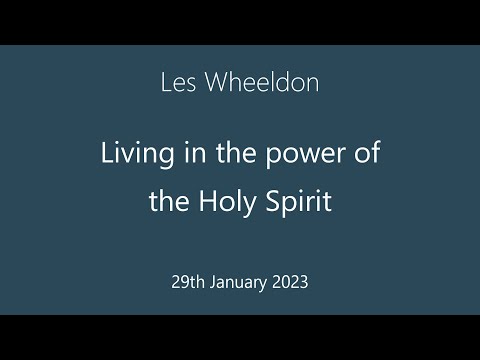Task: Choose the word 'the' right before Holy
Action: (167, 203)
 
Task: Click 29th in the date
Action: (190, 282)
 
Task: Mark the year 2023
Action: (291, 282)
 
